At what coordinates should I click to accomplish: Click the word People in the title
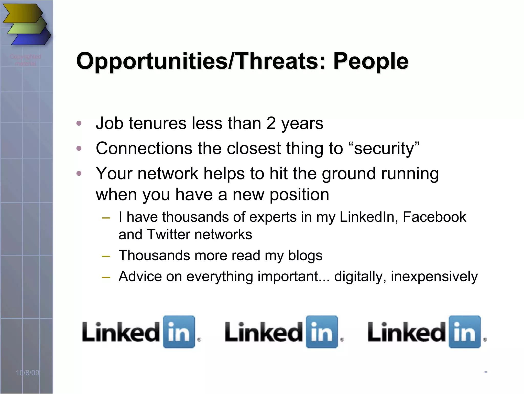click(370, 61)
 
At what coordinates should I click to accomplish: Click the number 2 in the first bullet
click(271, 123)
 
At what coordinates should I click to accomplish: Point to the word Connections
click(144, 148)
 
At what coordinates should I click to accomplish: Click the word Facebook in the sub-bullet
click(434, 217)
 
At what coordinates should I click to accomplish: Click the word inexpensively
click(434, 277)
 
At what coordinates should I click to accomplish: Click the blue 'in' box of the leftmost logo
click(179, 332)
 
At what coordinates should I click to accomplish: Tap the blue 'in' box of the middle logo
click(322, 332)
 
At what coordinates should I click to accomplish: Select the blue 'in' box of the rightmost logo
click(465, 332)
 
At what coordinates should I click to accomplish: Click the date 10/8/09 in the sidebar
click(28, 372)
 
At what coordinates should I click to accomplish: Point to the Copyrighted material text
click(25, 60)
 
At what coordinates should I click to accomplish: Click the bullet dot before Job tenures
click(79, 123)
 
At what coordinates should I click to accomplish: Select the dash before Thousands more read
click(106, 256)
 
